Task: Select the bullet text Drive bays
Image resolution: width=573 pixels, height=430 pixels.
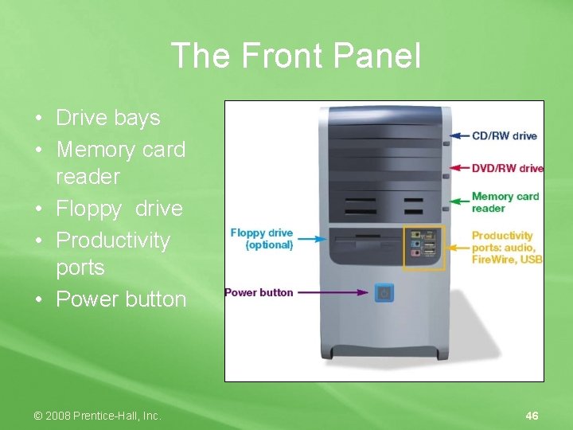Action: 107,118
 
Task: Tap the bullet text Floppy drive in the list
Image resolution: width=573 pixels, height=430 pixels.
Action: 119,209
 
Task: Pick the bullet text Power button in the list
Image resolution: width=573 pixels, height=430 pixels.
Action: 121,299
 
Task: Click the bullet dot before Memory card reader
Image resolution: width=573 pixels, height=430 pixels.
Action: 39,150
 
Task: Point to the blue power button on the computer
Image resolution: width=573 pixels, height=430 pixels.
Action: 384,292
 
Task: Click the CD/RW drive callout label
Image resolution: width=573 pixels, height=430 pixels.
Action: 504,136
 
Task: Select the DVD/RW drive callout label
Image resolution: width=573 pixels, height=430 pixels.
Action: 507,168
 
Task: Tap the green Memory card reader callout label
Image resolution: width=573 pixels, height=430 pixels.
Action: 505,202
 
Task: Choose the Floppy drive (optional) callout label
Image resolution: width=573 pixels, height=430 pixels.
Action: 262,239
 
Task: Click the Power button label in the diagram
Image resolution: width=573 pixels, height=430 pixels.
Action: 259,292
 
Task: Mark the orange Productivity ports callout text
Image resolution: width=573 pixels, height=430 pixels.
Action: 506,247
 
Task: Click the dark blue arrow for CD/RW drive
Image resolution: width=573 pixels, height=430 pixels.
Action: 459,136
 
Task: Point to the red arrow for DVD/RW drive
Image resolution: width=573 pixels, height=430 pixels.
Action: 459,168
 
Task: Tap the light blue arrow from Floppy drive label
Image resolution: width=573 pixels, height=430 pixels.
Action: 312,238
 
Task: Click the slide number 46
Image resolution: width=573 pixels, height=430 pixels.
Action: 532,416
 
